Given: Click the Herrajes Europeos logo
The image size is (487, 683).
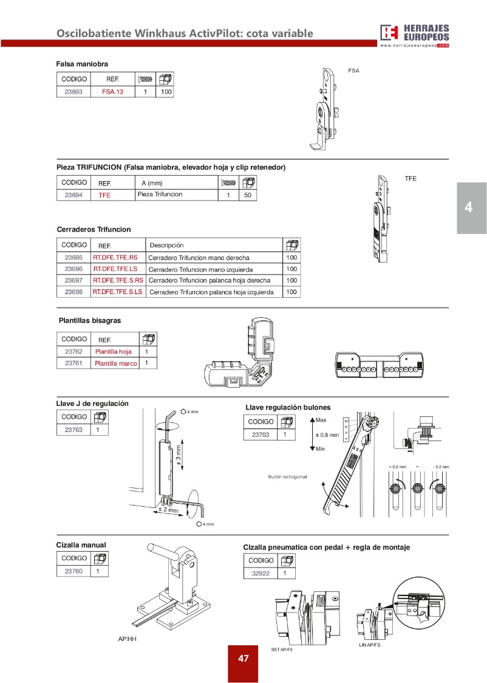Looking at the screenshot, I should pos(415,35).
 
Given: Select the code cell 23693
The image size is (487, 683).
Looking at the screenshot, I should pos(73,92).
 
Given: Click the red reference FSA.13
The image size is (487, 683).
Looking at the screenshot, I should pos(112,92).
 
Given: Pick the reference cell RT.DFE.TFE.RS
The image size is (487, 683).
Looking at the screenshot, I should pos(115,257).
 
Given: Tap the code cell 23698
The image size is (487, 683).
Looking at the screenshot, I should pos(73,292).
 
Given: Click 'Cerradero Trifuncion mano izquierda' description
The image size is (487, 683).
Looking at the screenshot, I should pos(200,269).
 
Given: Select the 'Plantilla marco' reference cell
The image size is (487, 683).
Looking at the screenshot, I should pos(116,363).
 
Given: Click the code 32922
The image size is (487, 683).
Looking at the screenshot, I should pos(261,572).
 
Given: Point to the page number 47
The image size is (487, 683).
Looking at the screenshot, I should pos(243,658).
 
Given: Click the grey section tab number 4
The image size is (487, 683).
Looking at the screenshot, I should pos(468,207).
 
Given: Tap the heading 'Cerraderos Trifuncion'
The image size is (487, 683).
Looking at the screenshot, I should pos(94,229).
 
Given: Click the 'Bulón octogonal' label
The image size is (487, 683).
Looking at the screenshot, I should pos(287,476).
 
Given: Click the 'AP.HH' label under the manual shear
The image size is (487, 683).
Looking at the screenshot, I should pos(127,639).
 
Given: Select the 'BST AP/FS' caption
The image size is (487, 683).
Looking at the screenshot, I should pos(282,650).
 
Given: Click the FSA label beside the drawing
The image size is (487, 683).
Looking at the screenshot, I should pos(353,70).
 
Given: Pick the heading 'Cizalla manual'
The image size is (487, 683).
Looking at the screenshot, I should pos(81,545).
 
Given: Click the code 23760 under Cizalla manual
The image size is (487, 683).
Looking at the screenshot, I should pos(73,571).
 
